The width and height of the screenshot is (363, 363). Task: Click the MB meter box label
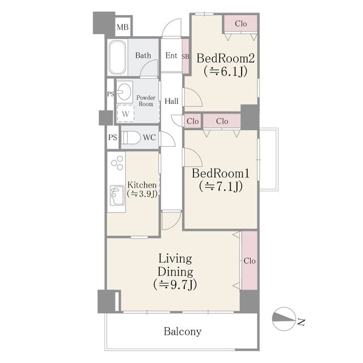coord(123,27)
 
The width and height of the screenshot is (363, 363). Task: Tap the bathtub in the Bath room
coord(117,57)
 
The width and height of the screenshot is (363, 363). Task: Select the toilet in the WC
coord(131,137)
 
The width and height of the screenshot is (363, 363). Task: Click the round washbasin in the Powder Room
coord(124,92)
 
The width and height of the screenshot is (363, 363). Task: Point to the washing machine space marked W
coord(125,113)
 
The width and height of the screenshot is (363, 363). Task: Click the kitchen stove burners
coord(117,163)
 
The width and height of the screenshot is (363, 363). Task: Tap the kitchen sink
coord(117,195)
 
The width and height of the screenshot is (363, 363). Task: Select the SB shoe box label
coord(185,57)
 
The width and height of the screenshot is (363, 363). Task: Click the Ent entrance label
coord(171,56)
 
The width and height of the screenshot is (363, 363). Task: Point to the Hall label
coord(171,101)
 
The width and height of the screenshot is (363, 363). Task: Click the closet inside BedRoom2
coord(240,24)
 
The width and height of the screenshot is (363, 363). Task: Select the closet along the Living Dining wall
coord(250,260)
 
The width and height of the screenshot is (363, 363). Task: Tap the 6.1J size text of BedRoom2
coord(226,71)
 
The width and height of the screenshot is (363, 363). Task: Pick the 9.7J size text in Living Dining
coord(175,285)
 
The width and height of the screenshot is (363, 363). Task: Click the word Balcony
coord(183,332)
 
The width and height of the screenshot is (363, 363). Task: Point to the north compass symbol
coord(284,319)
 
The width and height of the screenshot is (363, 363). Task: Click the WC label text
coord(149,137)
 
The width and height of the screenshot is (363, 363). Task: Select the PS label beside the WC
coord(113,137)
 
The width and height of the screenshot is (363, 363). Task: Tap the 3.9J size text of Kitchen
coord(142,193)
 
